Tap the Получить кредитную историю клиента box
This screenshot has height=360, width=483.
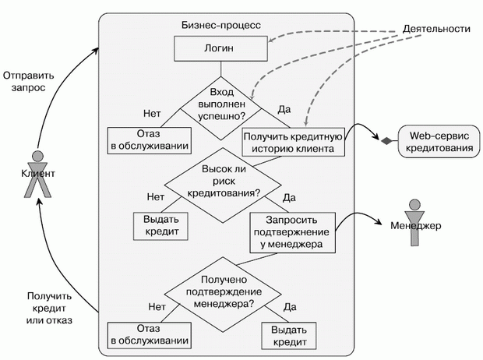click(x=294, y=142)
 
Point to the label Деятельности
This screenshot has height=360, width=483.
click(x=437, y=28)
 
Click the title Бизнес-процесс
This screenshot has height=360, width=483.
click(x=222, y=26)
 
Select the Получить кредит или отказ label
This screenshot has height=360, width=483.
click(x=48, y=308)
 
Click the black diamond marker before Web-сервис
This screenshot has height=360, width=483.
click(x=384, y=140)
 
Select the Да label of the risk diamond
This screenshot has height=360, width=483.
click(x=289, y=196)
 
